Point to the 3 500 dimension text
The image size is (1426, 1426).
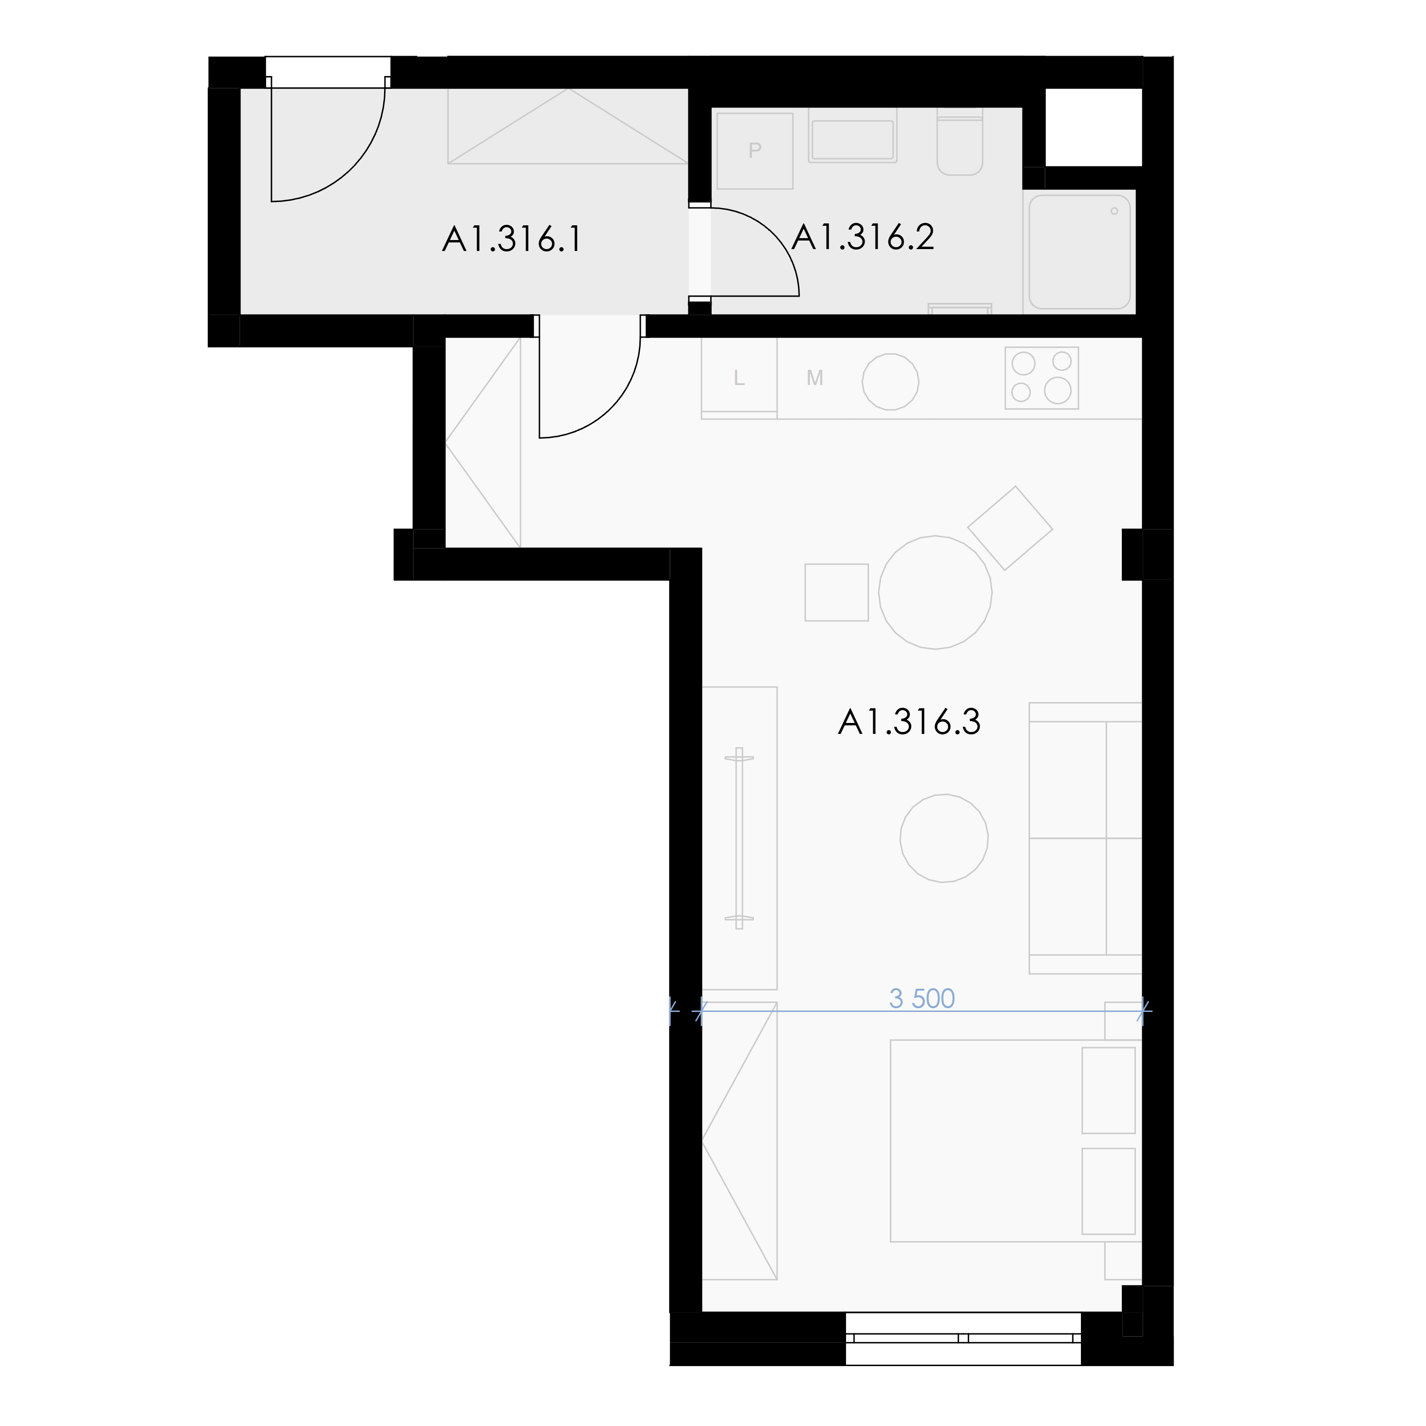pyautogui.click(x=922, y=999)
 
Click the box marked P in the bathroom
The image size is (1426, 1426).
pyautogui.click(x=754, y=151)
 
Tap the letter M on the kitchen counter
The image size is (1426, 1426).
pyautogui.click(x=815, y=378)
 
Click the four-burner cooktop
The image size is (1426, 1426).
pyautogui.click(x=1041, y=378)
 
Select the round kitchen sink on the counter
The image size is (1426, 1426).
pyautogui.click(x=891, y=382)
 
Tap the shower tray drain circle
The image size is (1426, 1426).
pyautogui.click(x=1115, y=211)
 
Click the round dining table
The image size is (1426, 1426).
pyautogui.click(x=935, y=592)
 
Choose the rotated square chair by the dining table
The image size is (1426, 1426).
pyautogui.click(x=1010, y=528)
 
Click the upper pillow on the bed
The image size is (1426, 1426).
pyautogui.click(x=1108, y=1090)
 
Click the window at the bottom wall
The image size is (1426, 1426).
pyautogui.click(x=963, y=1338)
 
